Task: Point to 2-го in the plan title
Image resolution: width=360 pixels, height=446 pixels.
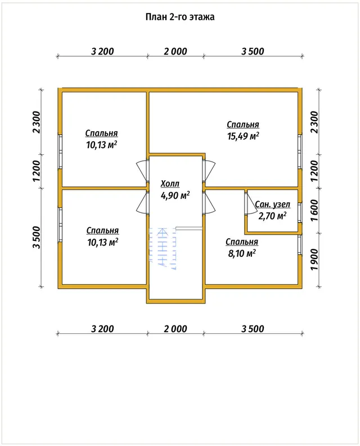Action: click(x=178, y=17)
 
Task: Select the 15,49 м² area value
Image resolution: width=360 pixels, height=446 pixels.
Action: click(x=243, y=136)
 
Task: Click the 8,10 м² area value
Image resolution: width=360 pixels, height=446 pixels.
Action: click(x=242, y=253)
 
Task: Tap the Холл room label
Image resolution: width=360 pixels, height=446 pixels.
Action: click(x=170, y=184)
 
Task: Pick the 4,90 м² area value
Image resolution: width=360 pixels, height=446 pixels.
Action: click(x=175, y=196)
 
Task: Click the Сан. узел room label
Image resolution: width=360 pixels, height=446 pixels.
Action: click(x=272, y=204)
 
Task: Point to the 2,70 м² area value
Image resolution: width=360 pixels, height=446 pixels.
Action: click(x=272, y=216)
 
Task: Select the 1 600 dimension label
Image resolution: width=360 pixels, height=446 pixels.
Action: click(x=314, y=211)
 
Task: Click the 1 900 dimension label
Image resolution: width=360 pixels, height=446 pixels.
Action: click(x=314, y=260)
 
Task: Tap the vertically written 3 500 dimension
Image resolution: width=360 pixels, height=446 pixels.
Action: click(x=37, y=238)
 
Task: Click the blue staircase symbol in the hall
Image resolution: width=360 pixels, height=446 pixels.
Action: click(x=162, y=248)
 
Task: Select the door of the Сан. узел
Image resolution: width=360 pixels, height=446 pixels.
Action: click(x=250, y=203)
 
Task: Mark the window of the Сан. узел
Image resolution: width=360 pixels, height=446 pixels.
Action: click(x=300, y=212)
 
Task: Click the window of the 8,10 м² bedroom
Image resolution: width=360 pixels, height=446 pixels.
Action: click(x=300, y=244)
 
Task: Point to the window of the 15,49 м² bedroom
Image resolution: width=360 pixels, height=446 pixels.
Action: click(x=300, y=151)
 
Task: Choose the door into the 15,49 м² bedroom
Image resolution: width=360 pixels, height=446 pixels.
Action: click(x=209, y=171)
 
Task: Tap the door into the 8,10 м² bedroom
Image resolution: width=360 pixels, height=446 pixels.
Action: click(x=209, y=203)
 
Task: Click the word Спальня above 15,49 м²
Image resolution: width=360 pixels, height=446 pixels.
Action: click(x=243, y=124)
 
